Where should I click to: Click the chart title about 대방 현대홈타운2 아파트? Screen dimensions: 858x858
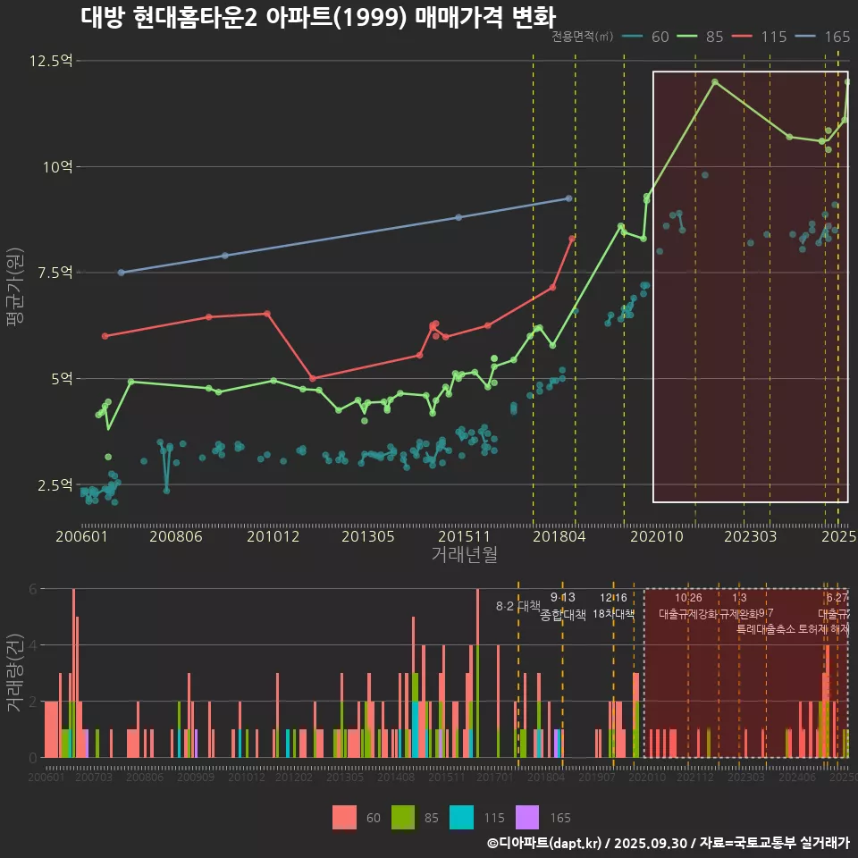(317, 18)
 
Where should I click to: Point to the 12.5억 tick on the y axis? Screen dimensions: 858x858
(51, 61)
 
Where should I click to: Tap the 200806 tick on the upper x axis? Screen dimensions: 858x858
(174, 536)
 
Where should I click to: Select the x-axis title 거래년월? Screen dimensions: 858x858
(464, 554)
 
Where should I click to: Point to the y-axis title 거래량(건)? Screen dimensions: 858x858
(15, 672)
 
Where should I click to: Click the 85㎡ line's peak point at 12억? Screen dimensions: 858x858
(715, 81)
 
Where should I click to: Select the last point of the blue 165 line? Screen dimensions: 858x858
(568, 198)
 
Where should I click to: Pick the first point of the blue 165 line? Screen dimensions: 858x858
(121, 273)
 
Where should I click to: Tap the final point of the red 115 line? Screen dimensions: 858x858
(572, 238)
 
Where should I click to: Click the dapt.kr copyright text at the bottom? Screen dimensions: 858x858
(668, 843)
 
